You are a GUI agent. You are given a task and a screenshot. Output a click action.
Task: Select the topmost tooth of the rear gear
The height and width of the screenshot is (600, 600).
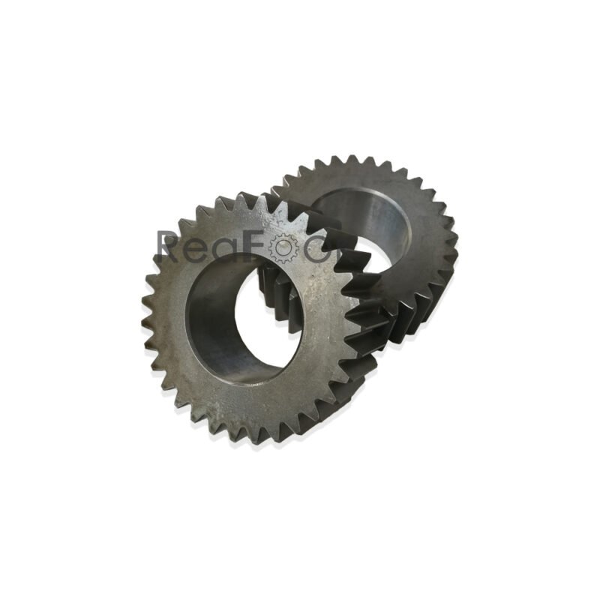click(x=330, y=161)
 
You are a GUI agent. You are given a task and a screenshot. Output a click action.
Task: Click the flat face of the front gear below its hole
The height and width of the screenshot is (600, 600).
click(x=247, y=397)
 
